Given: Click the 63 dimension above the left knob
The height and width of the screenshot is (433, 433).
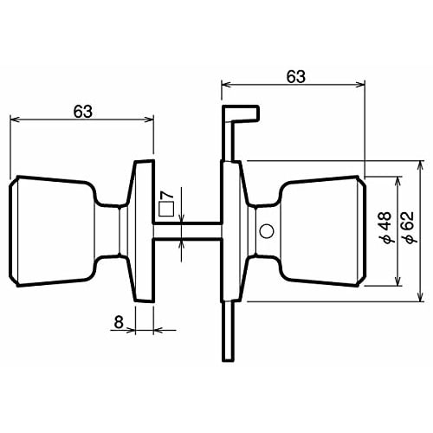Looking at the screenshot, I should click(x=83, y=111).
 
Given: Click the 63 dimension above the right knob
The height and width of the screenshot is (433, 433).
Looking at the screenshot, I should click(x=295, y=76).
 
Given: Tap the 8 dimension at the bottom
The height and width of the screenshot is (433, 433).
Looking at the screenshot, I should click(x=118, y=322).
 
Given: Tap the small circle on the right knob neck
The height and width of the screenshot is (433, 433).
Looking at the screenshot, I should click(x=265, y=231).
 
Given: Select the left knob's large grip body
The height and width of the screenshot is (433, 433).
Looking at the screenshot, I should click(x=52, y=230).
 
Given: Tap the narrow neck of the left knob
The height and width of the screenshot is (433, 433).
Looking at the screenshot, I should click(x=111, y=230).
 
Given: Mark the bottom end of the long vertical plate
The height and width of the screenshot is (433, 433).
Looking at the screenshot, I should click(x=228, y=355).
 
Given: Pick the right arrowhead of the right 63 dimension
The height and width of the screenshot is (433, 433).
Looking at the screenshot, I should click(x=362, y=85).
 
